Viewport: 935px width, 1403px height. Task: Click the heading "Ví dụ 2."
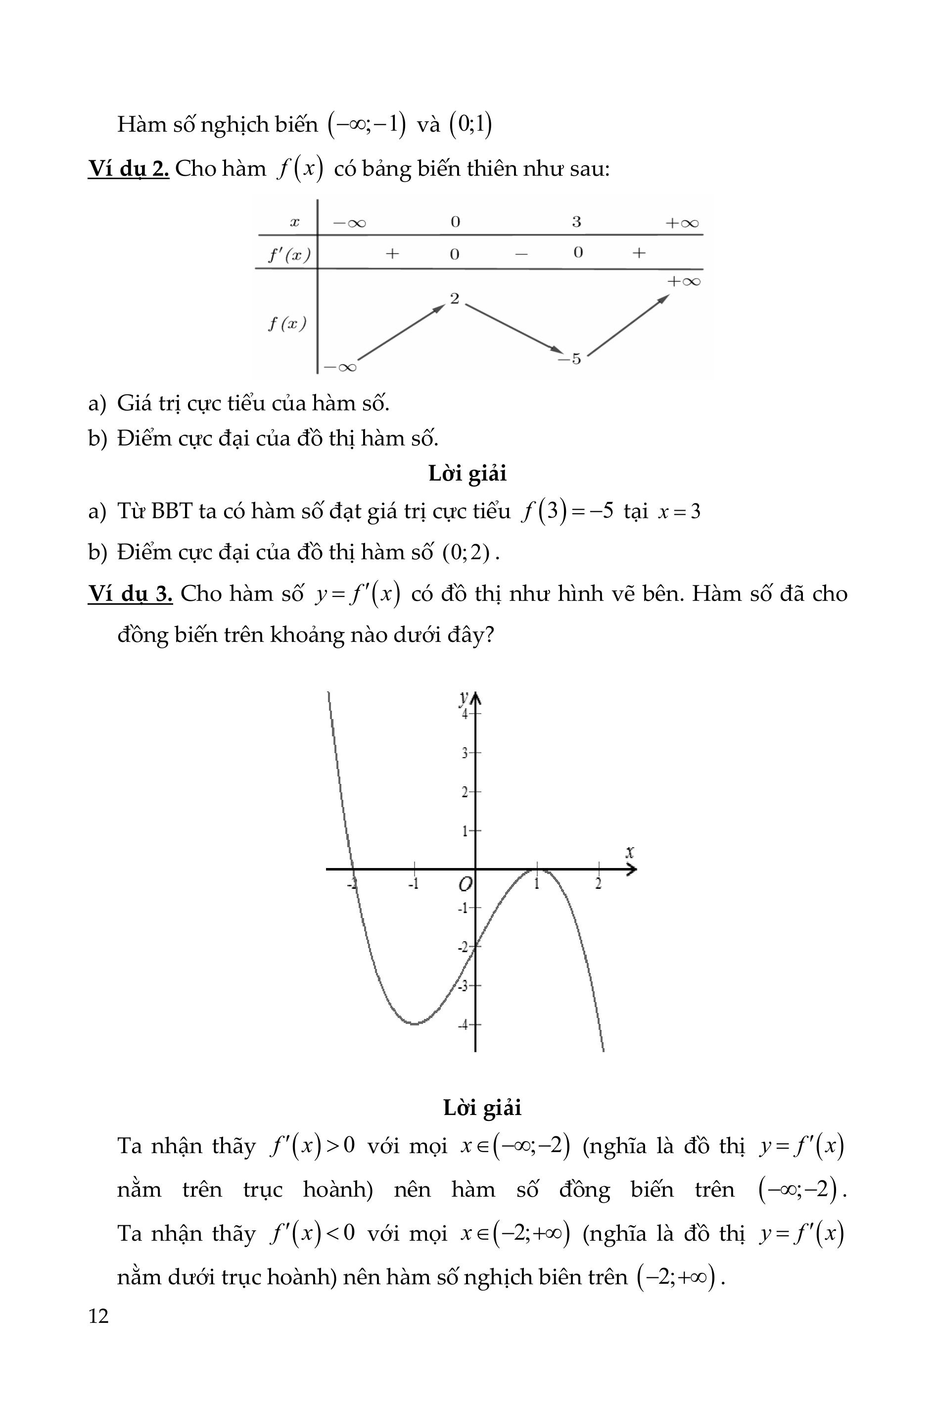coord(129,169)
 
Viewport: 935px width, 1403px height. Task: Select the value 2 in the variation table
coord(455,299)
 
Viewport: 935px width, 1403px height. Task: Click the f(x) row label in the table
coord(287,324)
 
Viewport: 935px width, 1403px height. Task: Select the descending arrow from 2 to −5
coord(513,328)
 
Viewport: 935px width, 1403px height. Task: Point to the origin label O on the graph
coord(465,884)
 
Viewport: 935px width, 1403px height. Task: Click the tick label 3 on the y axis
coord(465,753)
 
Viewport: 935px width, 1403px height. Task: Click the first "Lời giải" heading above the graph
coord(467,474)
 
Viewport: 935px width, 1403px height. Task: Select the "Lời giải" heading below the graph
coord(482,1108)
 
